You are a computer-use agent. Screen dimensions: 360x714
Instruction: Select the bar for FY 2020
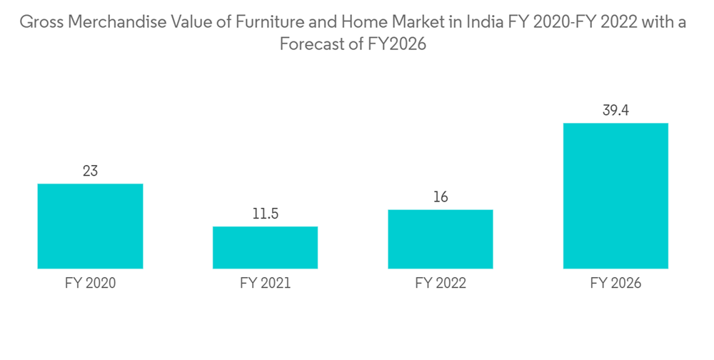[x=90, y=226]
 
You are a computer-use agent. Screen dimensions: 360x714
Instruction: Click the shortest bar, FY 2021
[x=265, y=247]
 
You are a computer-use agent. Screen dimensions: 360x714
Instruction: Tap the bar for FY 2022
[x=440, y=239]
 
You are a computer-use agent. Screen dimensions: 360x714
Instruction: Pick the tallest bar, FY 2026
[x=615, y=196]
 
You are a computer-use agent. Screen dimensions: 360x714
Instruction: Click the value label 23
[x=90, y=171]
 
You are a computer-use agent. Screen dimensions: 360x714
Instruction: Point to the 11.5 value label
[x=265, y=214]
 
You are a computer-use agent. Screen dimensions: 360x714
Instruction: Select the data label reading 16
[x=440, y=197]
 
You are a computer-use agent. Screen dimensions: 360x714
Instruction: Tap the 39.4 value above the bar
[x=615, y=111]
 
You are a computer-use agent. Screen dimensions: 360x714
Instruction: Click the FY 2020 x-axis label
[x=90, y=284]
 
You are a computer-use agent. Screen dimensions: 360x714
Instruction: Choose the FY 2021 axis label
[x=265, y=284]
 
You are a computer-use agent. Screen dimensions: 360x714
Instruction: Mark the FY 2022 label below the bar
[x=440, y=284]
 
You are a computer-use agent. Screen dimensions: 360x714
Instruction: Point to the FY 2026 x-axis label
[x=615, y=284]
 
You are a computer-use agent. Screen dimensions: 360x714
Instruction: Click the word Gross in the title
[x=39, y=22]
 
